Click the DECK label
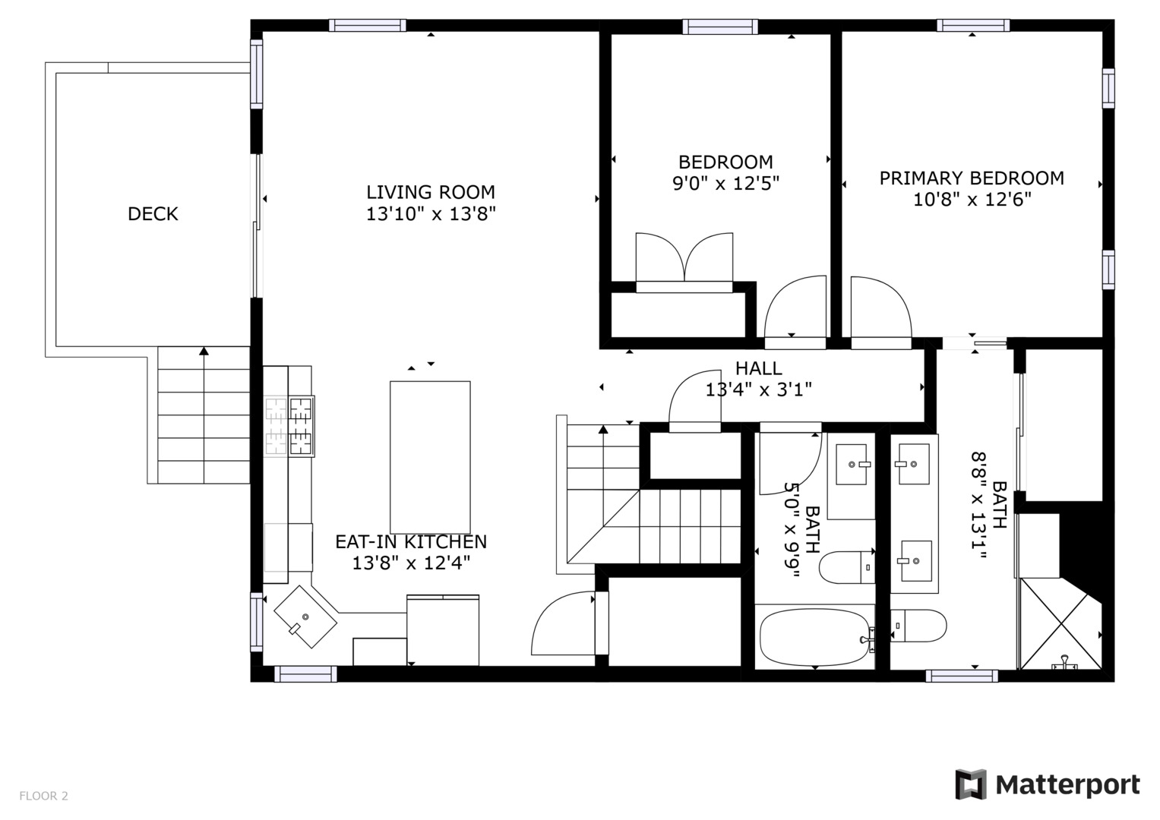tap(153, 214)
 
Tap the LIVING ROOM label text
tap(431, 192)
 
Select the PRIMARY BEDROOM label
tap(972, 178)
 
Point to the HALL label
tap(758, 368)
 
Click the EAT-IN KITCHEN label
tap(411, 541)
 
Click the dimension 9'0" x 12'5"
tap(725, 184)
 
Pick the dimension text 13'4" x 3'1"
tap(758, 390)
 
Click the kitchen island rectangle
tap(430, 457)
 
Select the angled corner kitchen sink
tap(305, 617)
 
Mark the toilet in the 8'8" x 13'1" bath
tap(919, 626)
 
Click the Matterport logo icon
tap(970, 784)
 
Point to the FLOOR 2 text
tap(43, 796)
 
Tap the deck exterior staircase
tap(204, 415)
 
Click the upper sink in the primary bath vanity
tap(912, 463)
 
